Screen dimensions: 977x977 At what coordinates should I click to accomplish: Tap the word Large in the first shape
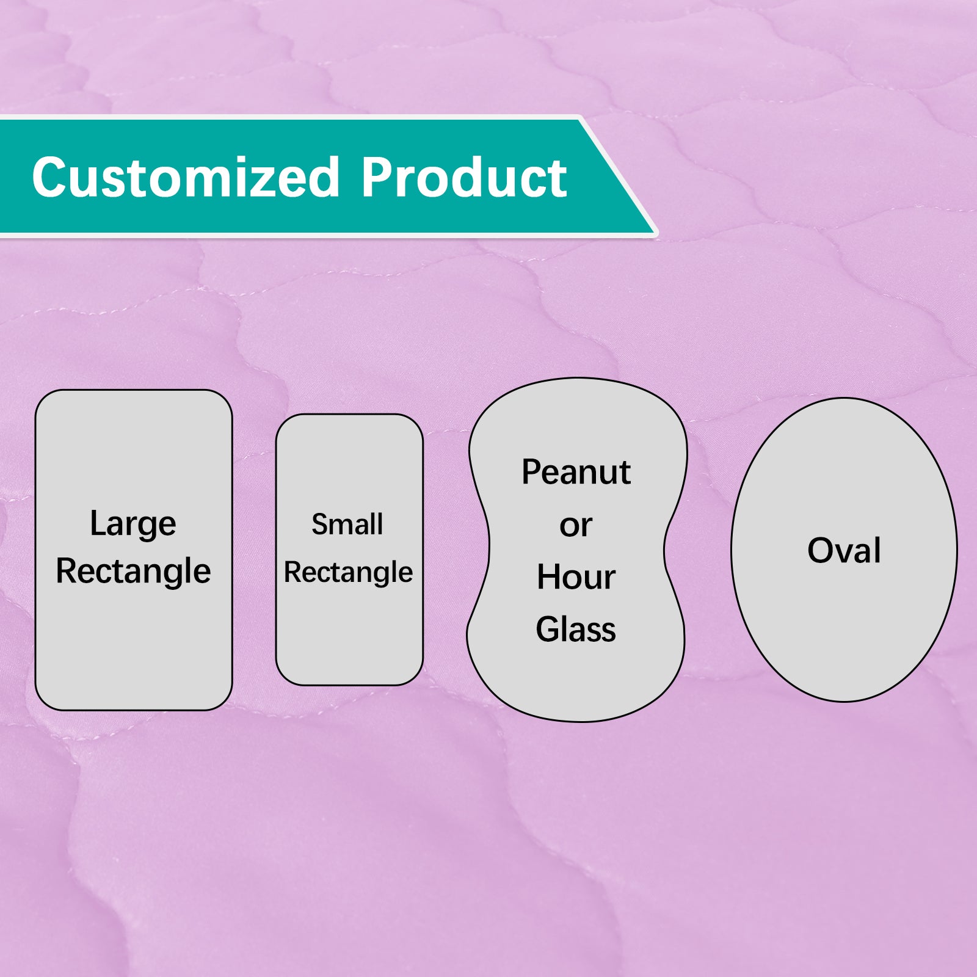[133, 525]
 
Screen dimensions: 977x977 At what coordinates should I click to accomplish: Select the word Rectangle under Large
[133, 572]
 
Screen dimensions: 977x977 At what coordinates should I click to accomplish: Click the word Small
[347, 525]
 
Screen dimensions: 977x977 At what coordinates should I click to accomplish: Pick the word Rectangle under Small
[348, 573]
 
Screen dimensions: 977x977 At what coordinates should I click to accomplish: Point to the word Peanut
[576, 472]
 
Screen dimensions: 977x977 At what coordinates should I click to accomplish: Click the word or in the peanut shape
[576, 526]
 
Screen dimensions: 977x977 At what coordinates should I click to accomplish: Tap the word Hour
[576, 577]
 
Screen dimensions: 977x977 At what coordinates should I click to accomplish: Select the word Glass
[576, 630]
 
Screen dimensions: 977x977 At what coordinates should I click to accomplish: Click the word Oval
[844, 550]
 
